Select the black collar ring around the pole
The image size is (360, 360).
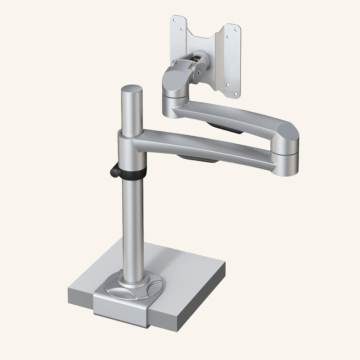click(133, 174)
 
